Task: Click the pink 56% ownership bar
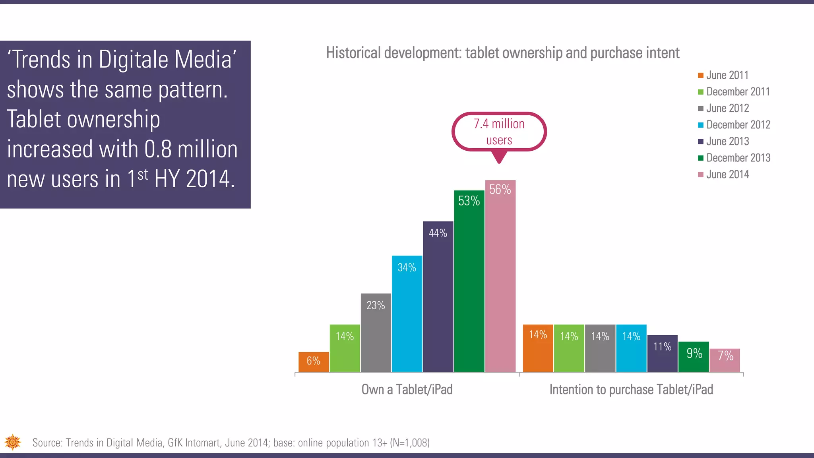pyautogui.click(x=500, y=278)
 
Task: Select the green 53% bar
pyautogui.click(x=469, y=282)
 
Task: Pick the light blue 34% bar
pyautogui.click(x=407, y=314)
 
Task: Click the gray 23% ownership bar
pyautogui.click(x=376, y=334)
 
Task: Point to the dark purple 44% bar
pyautogui.click(x=438, y=298)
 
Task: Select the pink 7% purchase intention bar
pyautogui.click(x=725, y=360)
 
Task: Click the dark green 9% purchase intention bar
pyautogui.click(x=694, y=357)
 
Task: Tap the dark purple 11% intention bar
pyautogui.click(x=662, y=353)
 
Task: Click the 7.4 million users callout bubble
pyautogui.click(x=499, y=132)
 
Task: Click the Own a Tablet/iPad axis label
pyautogui.click(x=407, y=390)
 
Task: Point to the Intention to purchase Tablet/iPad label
pyautogui.click(x=631, y=390)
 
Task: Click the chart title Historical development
pyautogui.click(x=502, y=53)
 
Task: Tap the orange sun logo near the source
pyautogui.click(x=13, y=442)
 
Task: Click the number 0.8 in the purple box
pyautogui.click(x=158, y=149)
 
